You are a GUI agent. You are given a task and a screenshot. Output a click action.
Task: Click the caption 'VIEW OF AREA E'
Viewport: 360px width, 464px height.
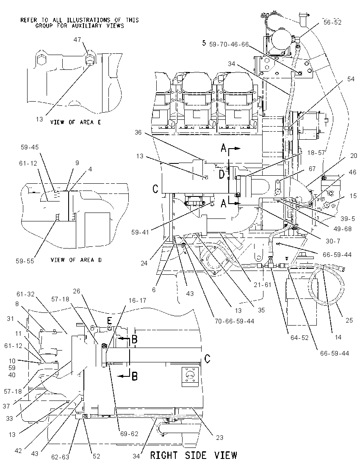pos(75,122)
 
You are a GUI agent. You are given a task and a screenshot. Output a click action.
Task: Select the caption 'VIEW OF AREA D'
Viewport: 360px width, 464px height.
pos(76,260)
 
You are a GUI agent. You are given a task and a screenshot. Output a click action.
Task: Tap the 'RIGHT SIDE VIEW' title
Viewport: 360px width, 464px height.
pos(194,455)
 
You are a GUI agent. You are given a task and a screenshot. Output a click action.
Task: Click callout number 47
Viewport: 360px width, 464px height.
pos(77,40)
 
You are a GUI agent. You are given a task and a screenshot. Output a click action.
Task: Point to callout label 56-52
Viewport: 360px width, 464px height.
pos(332,22)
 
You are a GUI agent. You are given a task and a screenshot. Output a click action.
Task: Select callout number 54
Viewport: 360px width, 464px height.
pos(351,79)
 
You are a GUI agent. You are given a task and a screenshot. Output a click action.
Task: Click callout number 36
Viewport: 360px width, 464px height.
pos(138,132)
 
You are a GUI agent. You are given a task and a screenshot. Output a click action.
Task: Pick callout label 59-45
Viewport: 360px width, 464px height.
pos(30,147)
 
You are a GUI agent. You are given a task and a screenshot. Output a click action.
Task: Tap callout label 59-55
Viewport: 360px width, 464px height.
pos(25,261)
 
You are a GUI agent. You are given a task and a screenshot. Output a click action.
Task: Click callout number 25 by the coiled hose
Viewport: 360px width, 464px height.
pos(349,320)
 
